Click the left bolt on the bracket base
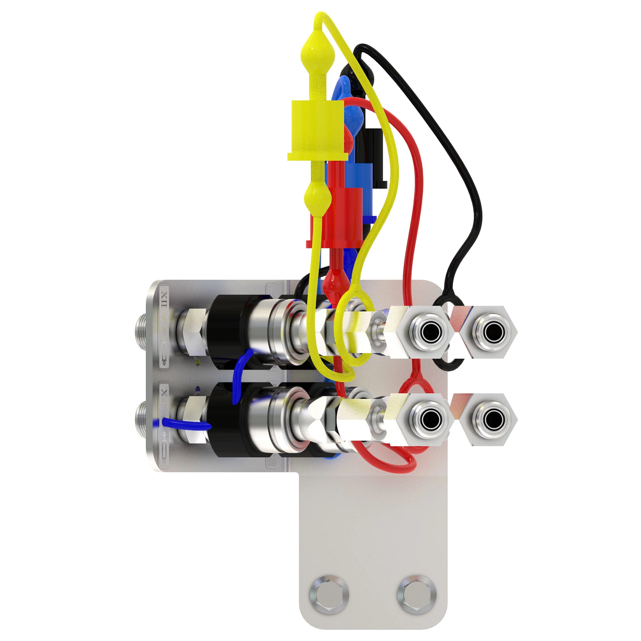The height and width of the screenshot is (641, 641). tap(329, 594)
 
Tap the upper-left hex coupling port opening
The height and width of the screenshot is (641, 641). tap(428, 333)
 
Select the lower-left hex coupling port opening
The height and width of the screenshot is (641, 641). tap(428, 420)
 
